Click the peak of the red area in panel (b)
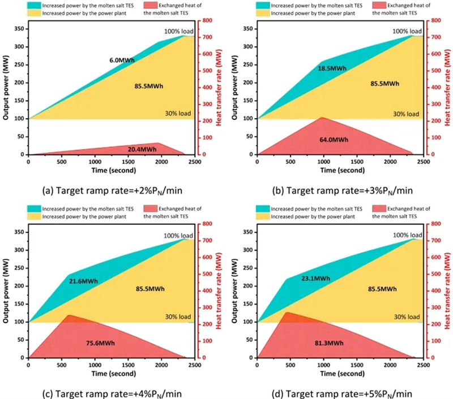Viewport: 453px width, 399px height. click(x=322, y=118)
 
